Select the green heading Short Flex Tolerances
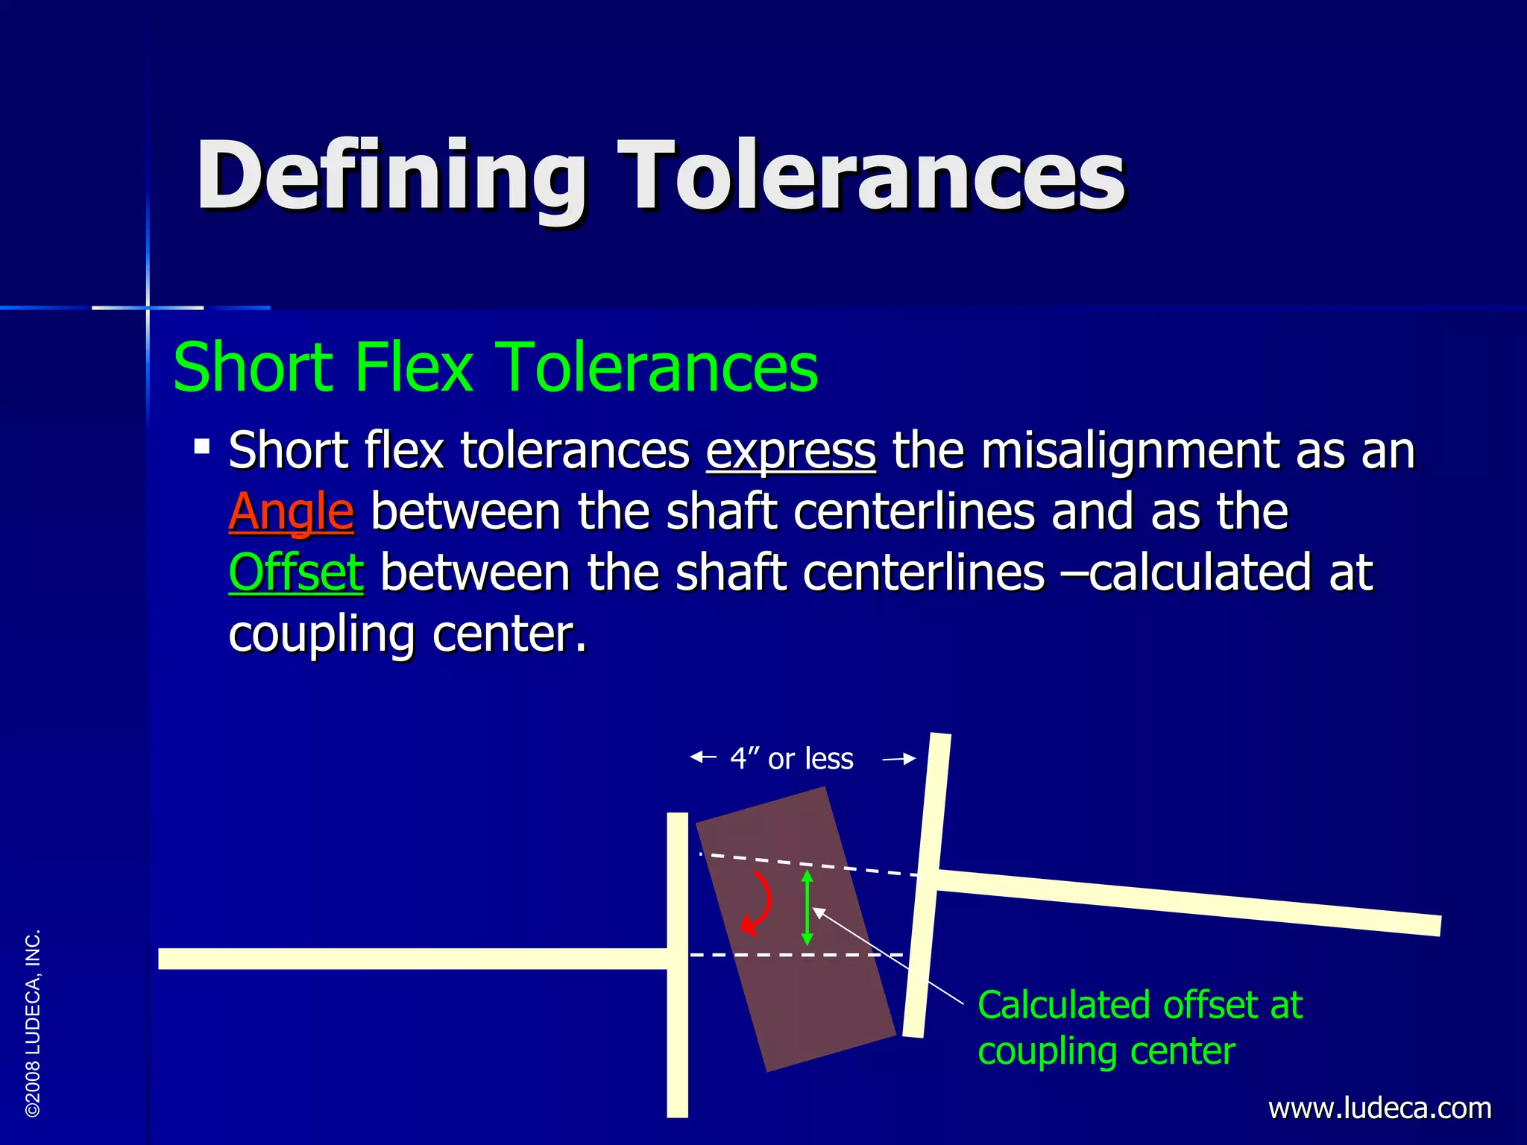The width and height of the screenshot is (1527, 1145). coord(495,367)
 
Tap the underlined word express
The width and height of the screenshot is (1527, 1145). coord(790,451)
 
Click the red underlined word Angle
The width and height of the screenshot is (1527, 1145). coord(291,512)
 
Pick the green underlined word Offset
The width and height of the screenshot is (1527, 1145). coord(296,573)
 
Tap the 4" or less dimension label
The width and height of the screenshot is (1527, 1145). coord(792,759)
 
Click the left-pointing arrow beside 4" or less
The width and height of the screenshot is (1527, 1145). coord(703,758)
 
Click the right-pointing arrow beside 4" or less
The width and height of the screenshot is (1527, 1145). coord(899,760)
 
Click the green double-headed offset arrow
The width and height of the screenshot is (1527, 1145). coord(807,907)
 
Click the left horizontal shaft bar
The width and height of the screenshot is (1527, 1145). coord(410,959)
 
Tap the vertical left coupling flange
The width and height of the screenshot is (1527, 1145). coord(677,1044)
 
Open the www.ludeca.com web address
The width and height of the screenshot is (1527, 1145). coord(1379,1108)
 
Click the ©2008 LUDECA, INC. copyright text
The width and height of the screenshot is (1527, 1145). coord(33,1023)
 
